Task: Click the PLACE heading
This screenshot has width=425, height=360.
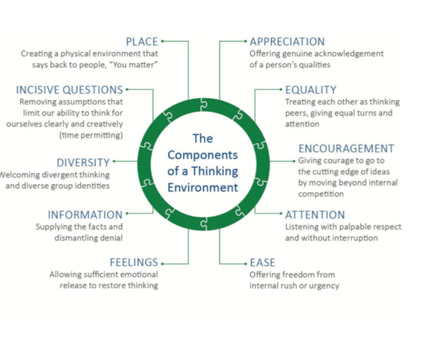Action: click(141, 41)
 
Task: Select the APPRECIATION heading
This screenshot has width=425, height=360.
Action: click(287, 41)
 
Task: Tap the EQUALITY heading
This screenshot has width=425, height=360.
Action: click(310, 90)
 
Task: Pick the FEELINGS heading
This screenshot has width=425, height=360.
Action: click(134, 263)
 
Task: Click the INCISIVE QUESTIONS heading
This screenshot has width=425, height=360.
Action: click(69, 90)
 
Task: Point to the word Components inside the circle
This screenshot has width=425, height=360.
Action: click(203, 154)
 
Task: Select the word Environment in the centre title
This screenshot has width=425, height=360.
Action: click(203, 188)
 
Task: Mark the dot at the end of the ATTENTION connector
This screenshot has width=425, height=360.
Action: click(280, 215)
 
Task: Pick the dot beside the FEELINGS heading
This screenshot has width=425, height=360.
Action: click(165, 263)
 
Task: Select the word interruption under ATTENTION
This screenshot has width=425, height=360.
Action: click(353, 238)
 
